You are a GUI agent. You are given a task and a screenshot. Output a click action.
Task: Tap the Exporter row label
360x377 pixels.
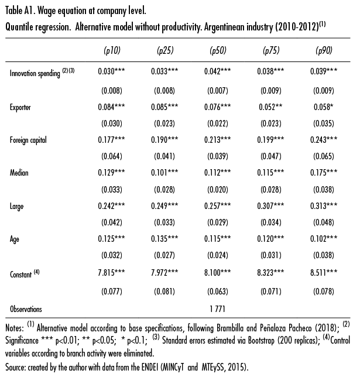pos(21,107)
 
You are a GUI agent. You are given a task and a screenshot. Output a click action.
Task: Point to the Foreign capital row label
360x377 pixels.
pos(28,140)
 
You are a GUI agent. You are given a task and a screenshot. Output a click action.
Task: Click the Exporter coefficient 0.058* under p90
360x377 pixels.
pos(323,107)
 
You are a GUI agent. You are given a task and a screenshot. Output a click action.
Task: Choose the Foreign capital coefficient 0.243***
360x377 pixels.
pos(324,140)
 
